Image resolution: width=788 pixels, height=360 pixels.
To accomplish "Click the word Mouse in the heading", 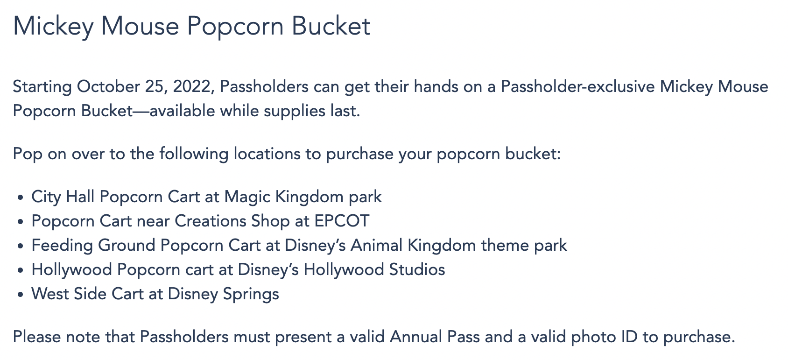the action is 140,26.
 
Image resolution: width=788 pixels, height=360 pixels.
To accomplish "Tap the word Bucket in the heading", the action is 331,26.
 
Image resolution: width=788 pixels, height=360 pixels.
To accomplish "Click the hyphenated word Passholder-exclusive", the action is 577,86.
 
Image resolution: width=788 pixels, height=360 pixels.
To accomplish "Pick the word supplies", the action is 295,111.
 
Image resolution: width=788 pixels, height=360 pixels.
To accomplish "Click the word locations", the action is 267,154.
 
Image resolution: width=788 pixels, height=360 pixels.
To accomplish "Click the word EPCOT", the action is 342,221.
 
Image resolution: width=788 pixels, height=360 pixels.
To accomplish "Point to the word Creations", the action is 211,221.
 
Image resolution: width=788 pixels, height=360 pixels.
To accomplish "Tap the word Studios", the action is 417,269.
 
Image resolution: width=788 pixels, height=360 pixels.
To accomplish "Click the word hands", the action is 436,86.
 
